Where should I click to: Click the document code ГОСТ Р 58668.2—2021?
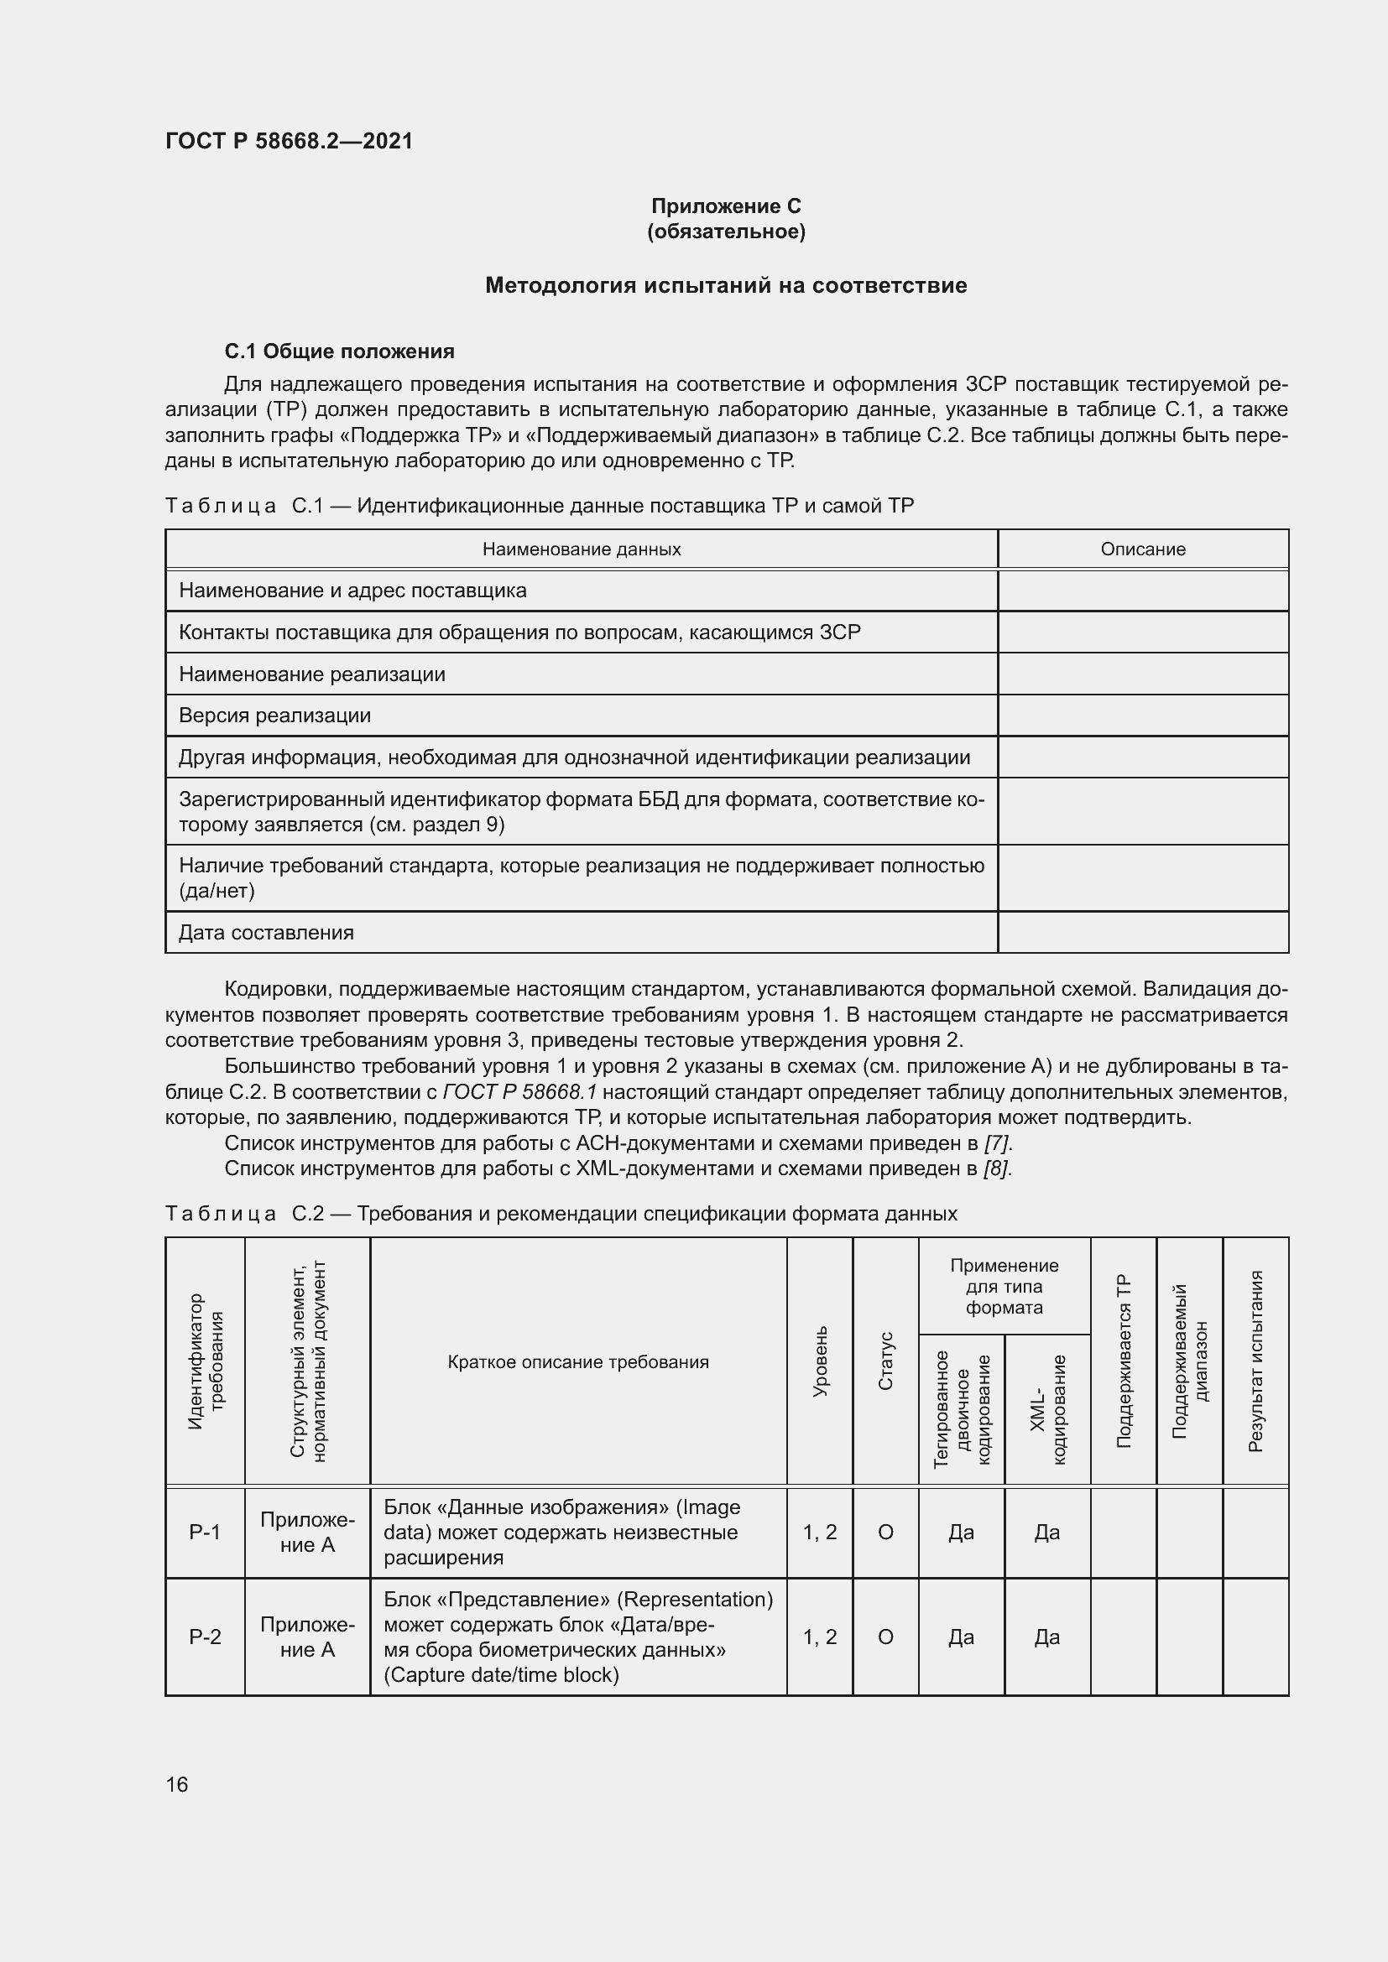(x=289, y=141)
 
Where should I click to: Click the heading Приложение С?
(x=726, y=206)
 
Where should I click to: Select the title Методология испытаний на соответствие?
(x=726, y=285)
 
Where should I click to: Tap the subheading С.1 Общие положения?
(x=339, y=351)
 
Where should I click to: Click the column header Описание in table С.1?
(x=1143, y=549)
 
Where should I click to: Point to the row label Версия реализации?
(x=274, y=716)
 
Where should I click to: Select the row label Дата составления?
(x=266, y=932)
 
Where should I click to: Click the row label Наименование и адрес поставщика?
(x=352, y=591)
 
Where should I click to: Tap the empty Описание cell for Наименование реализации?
(x=1143, y=674)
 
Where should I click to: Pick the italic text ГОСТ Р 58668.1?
(x=519, y=1092)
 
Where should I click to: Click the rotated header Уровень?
(x=820, y=1362)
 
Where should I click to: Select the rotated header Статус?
(x=885, y=1361)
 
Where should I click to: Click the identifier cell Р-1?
(x=205, y=1533)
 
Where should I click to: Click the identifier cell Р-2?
(x=205, y=1637)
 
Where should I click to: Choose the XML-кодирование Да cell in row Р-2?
(x=1047, y=1637)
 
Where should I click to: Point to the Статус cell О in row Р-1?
(x=885, y=1533)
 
